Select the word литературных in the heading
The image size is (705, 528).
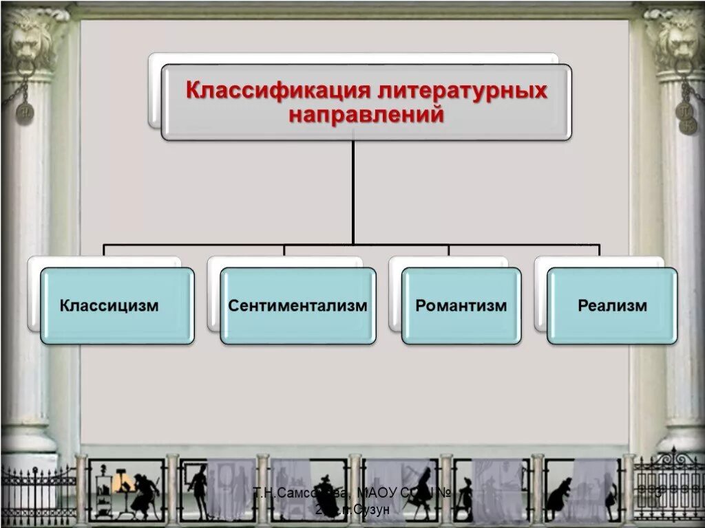tap(456, 91)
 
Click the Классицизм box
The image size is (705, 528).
tap(117, 306)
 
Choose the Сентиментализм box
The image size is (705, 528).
tap(298, 306)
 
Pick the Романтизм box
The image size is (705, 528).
tap(461, 306)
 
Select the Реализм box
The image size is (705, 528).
tap(612, 306)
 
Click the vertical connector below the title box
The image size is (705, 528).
tap(353, 192)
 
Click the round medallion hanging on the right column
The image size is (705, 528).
tap(686, 117)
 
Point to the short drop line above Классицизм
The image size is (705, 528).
tap(104, 251)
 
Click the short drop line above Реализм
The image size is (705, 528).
tap(600, 251)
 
